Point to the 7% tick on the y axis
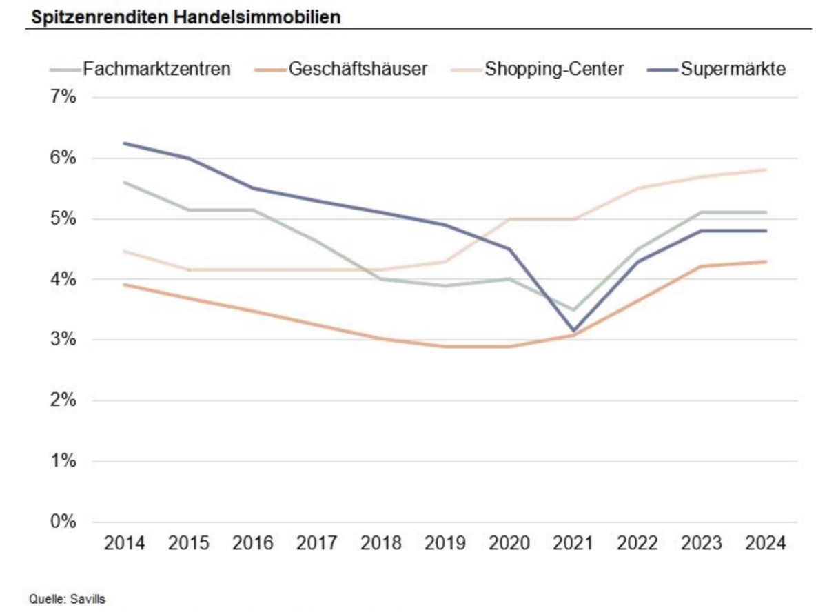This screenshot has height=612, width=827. tap(61, 97)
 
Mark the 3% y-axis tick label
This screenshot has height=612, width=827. tap(61, 340)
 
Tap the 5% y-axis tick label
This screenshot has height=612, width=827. tap(61, 219)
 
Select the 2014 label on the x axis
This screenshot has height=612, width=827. tap(125, 544)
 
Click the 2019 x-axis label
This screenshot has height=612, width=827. tap(445, 544)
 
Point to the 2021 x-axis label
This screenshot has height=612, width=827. tap(573, 544)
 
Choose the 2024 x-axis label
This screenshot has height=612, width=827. tap(766, 544)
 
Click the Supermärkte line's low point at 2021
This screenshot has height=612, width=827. tap(573, 331)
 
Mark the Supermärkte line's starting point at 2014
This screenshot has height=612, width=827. tap(125, 143)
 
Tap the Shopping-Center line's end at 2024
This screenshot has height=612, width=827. tap(766, 170)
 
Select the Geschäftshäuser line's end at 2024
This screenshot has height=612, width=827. tap(766, 261)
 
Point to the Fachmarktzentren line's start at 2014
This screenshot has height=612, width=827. tap(125, 182)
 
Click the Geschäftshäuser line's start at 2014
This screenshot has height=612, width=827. tap(125, 285)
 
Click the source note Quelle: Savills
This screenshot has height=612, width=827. tap(67, 599)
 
